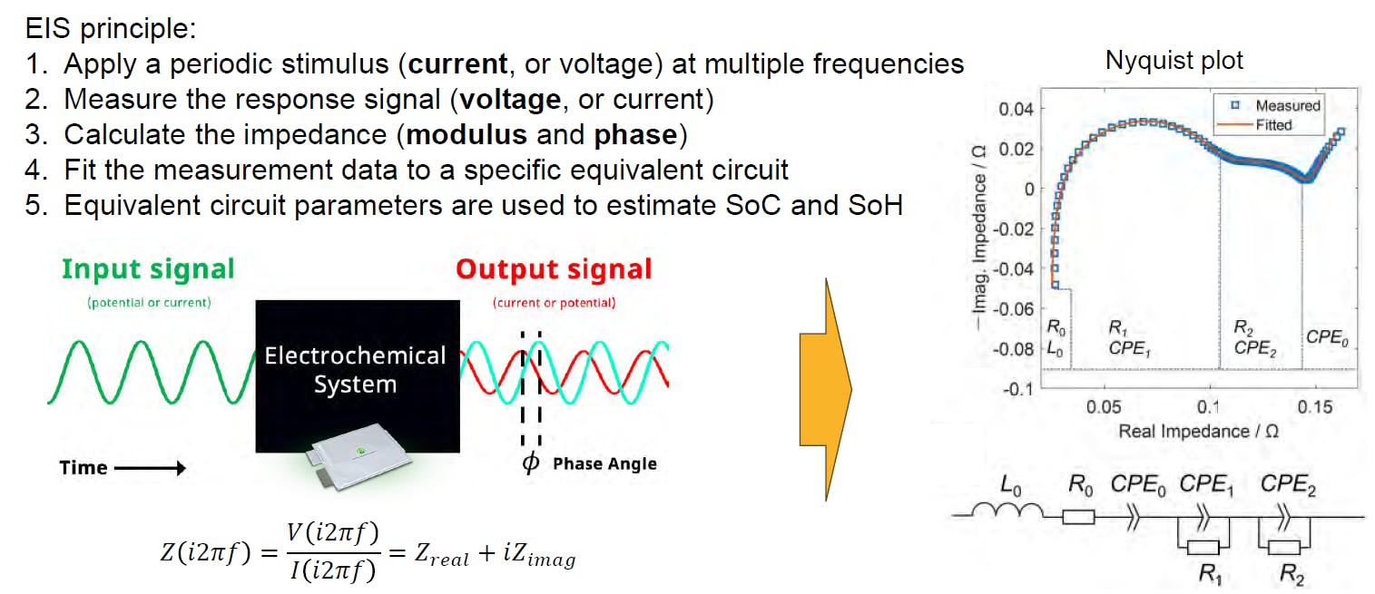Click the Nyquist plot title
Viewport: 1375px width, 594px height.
tap(1174, 61)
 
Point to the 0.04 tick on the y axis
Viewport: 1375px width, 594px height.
tap(1017, 109)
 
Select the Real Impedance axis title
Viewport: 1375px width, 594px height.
tap(1198, 432)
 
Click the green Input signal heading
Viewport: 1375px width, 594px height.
tap(149, 269)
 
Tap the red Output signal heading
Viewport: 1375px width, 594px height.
tap(554, 269)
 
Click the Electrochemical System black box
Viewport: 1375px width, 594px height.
tap(355, 369)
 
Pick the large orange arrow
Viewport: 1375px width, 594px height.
tap(825, 389)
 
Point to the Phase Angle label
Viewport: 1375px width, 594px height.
tap(604, 463)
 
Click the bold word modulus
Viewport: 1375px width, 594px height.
tap(467, 134)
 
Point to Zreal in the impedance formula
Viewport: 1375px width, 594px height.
tap(438, 556)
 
